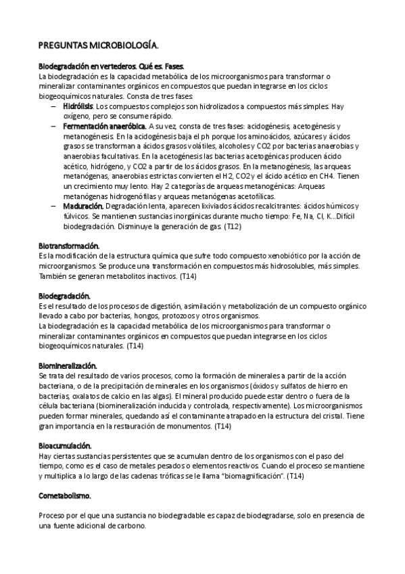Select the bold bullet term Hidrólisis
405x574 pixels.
[77, 107]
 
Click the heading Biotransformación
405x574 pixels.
[69, 245]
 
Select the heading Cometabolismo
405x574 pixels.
[65, 495]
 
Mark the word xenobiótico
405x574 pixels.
[293, 255]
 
